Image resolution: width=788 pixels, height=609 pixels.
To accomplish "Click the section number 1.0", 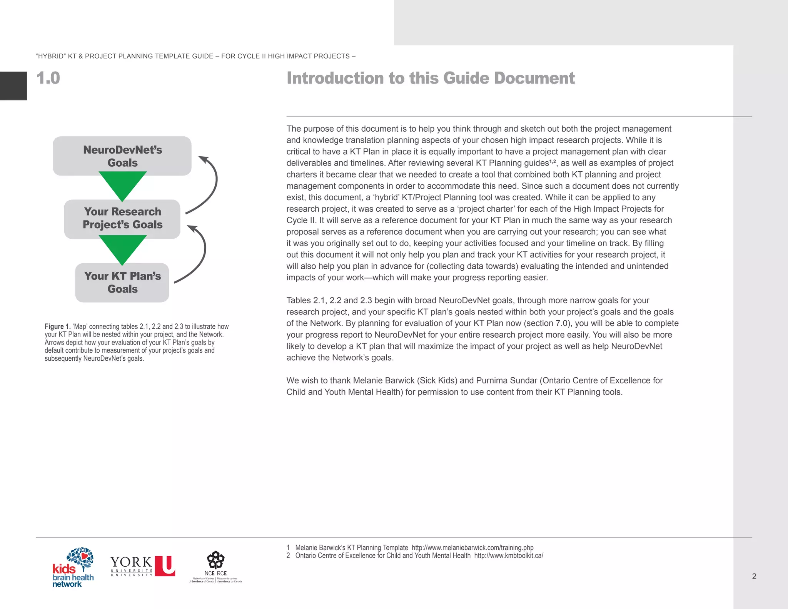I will pos(48,78).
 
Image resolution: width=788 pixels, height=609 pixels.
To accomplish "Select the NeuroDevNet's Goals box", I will pos(122,156).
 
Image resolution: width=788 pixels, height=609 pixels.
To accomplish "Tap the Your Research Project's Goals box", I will pos(122,218).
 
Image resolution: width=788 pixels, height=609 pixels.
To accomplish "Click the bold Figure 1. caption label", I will pos(57,326).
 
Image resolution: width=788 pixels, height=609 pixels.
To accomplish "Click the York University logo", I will pos(142,566).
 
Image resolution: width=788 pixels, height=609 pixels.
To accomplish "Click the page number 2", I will pos(754,576).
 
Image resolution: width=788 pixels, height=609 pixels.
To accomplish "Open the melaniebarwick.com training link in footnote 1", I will pos(472,547).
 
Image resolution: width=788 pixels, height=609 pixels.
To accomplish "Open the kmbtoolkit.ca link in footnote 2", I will pos(508,555).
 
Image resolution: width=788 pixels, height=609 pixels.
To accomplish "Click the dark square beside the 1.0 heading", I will pos(13,85).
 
